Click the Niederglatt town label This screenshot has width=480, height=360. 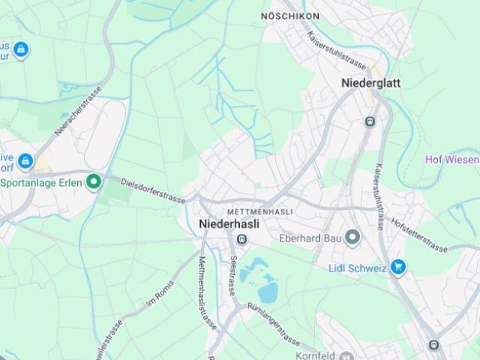370,83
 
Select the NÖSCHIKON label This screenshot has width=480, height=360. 289,16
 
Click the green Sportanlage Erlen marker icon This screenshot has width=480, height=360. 94,181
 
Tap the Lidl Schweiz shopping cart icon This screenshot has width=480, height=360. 398,266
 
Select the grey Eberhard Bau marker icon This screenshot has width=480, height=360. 353,238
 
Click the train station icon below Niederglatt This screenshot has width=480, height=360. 369,121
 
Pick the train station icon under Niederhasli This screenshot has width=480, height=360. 241,238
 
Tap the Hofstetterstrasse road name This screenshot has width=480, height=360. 418,235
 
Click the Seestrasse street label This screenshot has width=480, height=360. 233,274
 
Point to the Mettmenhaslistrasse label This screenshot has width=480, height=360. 207,292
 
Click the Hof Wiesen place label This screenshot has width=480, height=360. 451,159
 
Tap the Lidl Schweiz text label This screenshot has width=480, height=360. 358,267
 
